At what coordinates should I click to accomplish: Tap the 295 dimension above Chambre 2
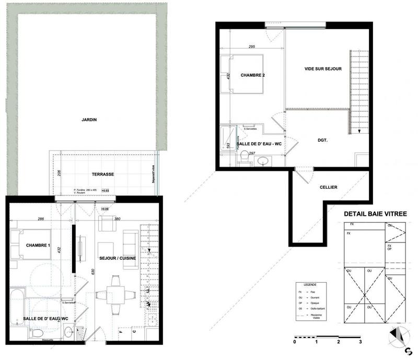(x=251, y=47)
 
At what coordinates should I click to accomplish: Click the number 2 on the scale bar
(x=339, y=343)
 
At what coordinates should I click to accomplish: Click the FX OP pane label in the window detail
(x=390, y=247)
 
